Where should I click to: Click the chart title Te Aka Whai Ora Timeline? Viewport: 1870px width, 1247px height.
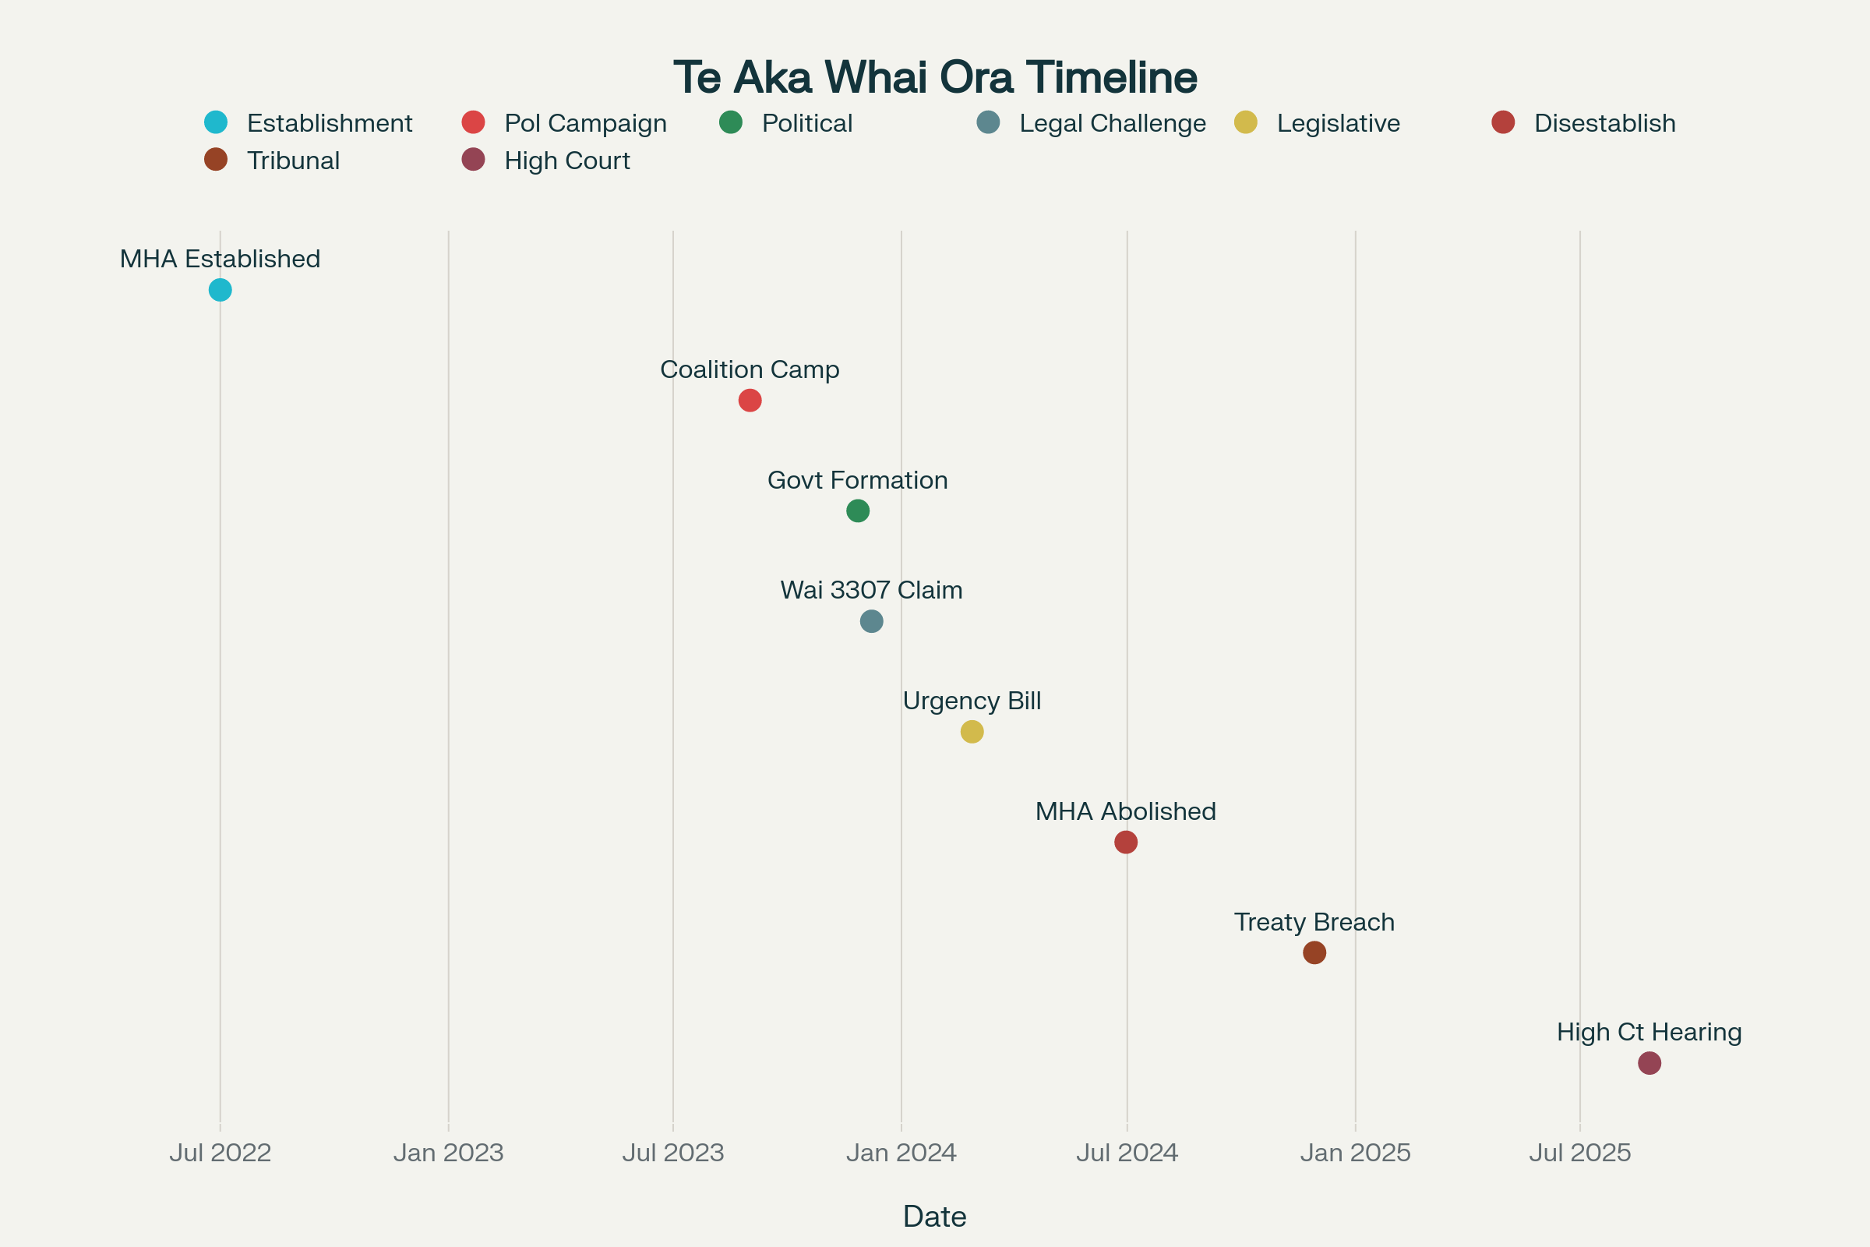(935, 77)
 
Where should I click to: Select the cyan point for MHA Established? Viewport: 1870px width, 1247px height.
(221, 290)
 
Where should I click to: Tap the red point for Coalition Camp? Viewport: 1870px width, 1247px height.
(750, 400)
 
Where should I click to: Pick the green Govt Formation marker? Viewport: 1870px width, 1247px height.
(858, 510)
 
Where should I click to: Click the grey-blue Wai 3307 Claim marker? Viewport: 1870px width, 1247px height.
(871, 621)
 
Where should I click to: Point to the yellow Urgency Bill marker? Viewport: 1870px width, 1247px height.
(972, 732)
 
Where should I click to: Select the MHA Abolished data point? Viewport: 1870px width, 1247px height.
(1126, 842)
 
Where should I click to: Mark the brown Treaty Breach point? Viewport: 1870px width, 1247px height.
(1314, 952)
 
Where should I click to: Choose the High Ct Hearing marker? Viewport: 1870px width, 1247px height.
(1649, 1062)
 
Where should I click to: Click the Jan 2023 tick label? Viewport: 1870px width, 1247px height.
(449, 1153)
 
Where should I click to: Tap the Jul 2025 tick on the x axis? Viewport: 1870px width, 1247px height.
(1580, 1153)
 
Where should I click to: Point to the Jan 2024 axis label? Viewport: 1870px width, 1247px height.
(901, 1153)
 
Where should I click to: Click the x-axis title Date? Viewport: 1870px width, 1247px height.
(935, 1217)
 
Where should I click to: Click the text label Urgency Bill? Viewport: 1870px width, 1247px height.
(972, 701)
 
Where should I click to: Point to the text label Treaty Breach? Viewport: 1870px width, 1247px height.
(1314, 922)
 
